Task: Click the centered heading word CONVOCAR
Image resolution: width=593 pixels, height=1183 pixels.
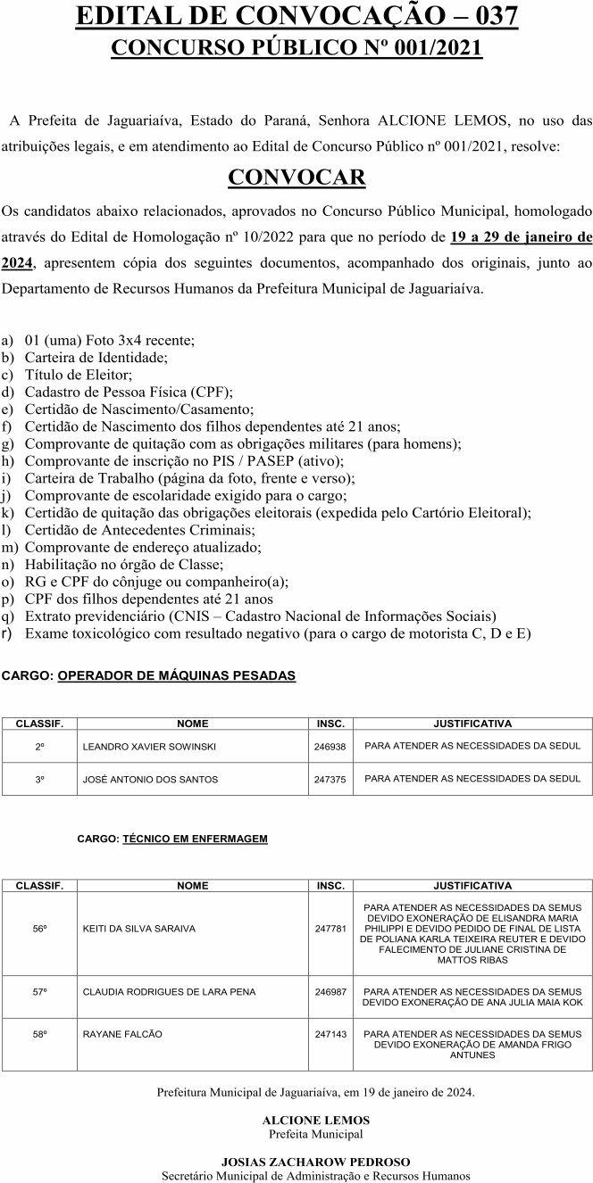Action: click(296, 178)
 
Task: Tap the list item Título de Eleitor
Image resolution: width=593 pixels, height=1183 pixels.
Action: click(79, 375)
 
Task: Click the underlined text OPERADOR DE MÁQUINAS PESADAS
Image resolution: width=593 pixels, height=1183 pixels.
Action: click(176, 675)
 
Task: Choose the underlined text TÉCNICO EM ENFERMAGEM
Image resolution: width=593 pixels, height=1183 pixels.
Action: click(195, 839)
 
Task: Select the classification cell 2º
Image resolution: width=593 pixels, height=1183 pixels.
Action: click(40, 746)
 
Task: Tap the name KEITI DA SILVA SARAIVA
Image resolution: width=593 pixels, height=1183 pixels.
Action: click(138, 928)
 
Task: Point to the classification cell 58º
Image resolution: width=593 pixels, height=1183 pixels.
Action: click(40, 1034)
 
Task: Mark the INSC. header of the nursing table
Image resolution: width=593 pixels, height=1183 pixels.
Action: click(330, 886)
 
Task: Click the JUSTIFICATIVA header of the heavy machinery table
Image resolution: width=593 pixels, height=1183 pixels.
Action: click(472, 723)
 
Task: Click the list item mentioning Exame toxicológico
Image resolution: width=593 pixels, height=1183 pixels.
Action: click(278, 633)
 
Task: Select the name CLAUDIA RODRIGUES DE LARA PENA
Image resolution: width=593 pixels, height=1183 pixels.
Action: click(169, 991)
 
